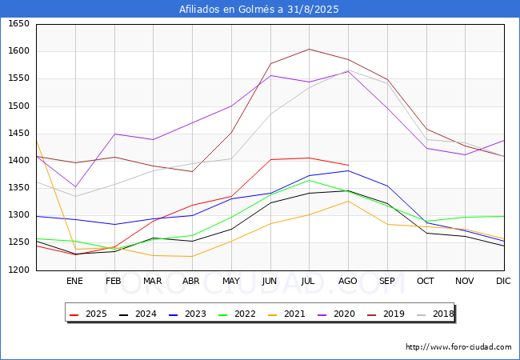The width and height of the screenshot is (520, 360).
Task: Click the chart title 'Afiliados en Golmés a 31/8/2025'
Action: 260,10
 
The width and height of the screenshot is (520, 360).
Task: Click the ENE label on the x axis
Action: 74,281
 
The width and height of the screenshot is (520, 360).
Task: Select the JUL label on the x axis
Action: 309,281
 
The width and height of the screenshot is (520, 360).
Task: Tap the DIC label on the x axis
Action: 503,281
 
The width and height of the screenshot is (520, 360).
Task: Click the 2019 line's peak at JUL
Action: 309,49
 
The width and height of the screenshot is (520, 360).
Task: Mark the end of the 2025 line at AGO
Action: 348,165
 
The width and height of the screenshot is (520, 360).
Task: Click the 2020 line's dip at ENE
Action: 74,187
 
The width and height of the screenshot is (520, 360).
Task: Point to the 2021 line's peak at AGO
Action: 348,201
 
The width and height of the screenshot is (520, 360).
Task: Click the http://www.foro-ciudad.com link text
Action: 458,347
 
